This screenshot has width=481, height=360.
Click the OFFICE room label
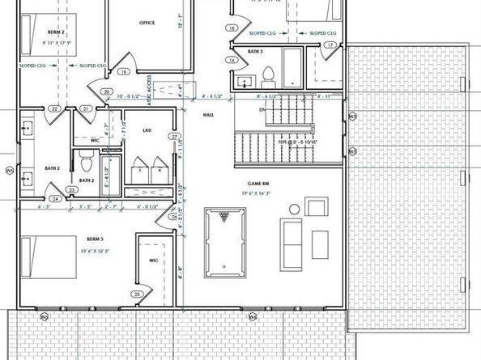click(147, 23)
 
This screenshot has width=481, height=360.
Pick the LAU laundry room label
click(147, 130)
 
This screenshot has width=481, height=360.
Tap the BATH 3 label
click(256, 51)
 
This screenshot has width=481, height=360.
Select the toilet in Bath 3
click(268, 78)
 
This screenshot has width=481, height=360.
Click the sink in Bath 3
click(244, 82)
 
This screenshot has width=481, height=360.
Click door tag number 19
click(124, 72)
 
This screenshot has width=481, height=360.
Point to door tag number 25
click(138, 294)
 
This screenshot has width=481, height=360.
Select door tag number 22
click(54, 108)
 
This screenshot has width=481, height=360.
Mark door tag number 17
click(330, 46)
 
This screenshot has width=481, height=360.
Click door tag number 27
click(173, 138)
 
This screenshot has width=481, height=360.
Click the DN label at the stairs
click(262, 108)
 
